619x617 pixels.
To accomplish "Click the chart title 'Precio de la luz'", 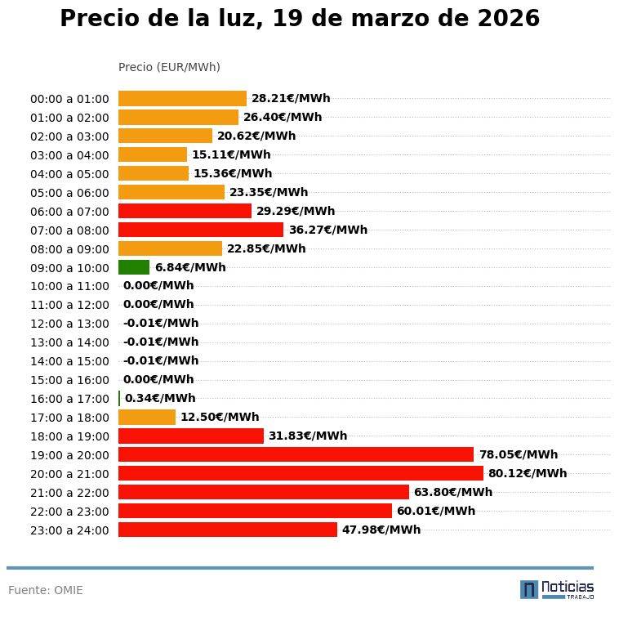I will [300, 19].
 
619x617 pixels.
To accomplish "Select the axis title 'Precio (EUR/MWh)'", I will [169, 67].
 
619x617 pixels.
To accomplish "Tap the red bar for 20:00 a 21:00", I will [301, 473].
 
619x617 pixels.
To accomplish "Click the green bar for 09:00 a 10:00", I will [134, 267].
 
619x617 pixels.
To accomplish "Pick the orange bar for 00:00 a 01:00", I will [182, 98].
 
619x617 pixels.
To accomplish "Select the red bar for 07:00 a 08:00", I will [201, 230].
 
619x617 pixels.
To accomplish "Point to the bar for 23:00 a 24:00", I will [228, 530].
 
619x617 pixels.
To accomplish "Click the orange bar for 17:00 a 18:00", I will [147, 417].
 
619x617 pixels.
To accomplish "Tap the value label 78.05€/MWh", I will [519, 455].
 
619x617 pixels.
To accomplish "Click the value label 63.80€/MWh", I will [453, 492].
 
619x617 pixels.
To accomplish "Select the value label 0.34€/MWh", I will [160, 399].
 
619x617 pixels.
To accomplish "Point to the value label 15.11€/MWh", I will [231, 154].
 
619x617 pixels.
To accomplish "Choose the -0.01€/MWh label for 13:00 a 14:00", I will [161, 342].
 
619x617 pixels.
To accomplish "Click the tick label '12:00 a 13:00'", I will [69, 324].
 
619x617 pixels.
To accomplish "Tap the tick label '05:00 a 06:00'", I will [69, 193].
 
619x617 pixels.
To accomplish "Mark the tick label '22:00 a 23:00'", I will [69, 512].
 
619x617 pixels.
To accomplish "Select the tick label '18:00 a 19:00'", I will [69, 436].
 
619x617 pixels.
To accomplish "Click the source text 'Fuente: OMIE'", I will [46, 590].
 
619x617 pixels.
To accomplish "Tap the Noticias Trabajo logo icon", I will [529, 589].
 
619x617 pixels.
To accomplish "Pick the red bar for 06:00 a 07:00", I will [185, 211].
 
